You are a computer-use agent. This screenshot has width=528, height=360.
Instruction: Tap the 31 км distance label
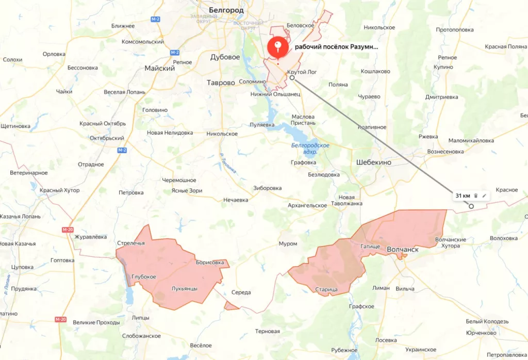click(463, 196)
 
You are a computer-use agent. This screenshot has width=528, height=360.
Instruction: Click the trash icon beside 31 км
click(476, 196)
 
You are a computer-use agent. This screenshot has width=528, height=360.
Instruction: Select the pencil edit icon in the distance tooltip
click(484, 196)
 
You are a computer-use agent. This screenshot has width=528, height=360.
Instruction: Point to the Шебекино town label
click(374, 162)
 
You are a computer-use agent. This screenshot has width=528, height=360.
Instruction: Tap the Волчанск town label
click(402, 250)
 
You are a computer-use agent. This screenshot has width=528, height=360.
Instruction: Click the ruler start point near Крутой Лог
click(292, 78)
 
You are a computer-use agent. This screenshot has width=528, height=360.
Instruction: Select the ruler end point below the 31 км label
click(471, 206)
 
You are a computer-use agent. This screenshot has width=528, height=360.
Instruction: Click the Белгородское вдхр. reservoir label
click(310, 149)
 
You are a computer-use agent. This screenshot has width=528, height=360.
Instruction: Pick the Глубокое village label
click(144, 277)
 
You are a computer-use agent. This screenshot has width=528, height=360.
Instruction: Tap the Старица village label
click(326, 290)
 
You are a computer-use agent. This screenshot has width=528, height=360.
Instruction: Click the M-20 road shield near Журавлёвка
click(68, 230)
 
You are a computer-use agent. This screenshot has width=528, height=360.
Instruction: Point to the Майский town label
click(159, 68)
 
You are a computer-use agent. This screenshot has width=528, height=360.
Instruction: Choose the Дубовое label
click(225, 57)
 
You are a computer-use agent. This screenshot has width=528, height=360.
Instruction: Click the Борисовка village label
click(210, 263)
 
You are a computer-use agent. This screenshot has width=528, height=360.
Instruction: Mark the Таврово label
click(221, 83)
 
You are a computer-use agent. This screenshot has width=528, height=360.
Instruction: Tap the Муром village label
click(288, 243)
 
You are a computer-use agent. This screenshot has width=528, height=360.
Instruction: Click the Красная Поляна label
click(505, 47)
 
